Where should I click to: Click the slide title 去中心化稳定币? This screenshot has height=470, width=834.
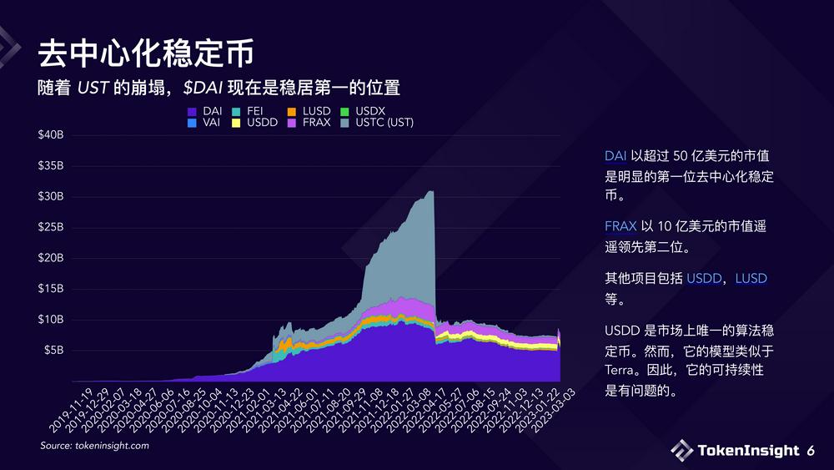(145, 53)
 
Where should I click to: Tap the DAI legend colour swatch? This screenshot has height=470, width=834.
(192, 111)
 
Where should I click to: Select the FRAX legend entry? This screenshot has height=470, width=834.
(316, 123)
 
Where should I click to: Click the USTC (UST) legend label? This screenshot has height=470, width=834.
(384, 123)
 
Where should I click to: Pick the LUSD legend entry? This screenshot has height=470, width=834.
(316, 111)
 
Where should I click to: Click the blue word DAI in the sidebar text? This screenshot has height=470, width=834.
(615, 156)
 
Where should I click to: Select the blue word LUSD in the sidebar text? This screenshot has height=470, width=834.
(751, 278)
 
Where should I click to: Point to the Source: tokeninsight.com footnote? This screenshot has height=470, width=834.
(94, 447)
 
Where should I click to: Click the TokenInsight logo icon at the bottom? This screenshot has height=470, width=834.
(681, 450)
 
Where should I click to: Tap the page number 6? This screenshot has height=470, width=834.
(811, 451)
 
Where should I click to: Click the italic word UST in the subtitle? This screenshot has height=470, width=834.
(93, 88)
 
